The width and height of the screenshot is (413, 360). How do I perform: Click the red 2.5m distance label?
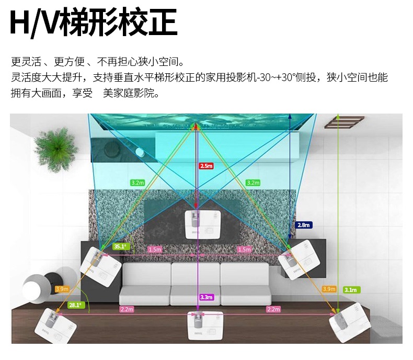click(x=206, y=166)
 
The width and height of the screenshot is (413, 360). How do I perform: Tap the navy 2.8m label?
click(x=304, y=225)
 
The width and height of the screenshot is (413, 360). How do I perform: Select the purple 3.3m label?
click(x=206, y=297)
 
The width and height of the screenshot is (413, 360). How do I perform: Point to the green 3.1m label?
click(x=350, y=289)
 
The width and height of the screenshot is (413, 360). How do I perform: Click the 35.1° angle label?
click(x=120, y=246)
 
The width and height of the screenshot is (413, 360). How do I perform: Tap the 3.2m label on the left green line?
click(x=137, y=183)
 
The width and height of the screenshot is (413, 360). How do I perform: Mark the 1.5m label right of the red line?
click(x=245, y=250)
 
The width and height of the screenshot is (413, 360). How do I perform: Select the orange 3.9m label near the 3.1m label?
click(x=329, y=289)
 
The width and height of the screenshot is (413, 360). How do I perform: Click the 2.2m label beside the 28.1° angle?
click(x=127, y=309)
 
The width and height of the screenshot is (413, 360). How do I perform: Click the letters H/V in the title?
click(x=35, y=24)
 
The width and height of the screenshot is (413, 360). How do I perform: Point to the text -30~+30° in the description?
click(x=283, y=78)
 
